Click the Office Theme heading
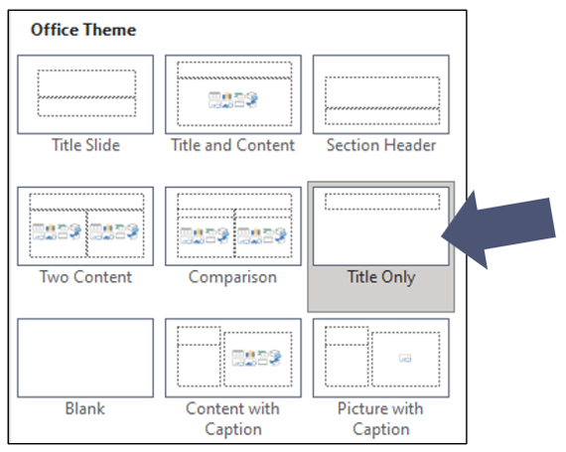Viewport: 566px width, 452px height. click(x=83, y=30)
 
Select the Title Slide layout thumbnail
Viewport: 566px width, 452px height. click(x=85, y=94)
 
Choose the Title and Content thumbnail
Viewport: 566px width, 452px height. click(x=233, y=94)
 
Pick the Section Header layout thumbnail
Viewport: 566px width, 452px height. click(x=381, y=94)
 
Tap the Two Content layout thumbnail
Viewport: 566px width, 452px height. click(x=85, y=226)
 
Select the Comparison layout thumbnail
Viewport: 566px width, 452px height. click(x=233, y=226)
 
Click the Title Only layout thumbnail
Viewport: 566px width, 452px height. click(x=381, y=226)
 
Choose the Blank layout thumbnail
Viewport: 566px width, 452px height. click(x=85, y=359)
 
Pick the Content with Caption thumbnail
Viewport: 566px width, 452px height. click(x=233, y=359)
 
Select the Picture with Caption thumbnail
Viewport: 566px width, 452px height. click(x=381, y=359)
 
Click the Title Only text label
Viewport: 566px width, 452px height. click(x=381, y=277)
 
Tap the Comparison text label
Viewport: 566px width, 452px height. click(x=232, y=277)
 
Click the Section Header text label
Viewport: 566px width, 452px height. click(x=381, y=145)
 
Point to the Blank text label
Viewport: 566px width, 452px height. click(x=85, y=408)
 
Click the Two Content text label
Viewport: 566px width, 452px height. click(x=85, y=277)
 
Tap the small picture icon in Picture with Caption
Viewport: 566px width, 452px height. click(x=405, y=359)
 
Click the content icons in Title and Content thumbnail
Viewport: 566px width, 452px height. click(x=233, y=100)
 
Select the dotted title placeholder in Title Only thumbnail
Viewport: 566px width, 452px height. click(x=382, y=202)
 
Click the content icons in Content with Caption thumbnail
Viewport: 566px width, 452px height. click(x=256, y=358)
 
